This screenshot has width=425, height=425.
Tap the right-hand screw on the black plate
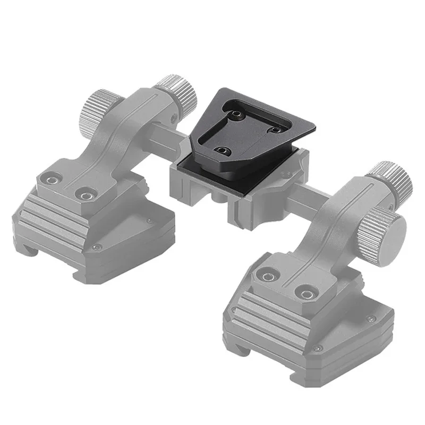point(276,129)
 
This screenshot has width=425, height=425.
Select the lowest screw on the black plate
point(222,151)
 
